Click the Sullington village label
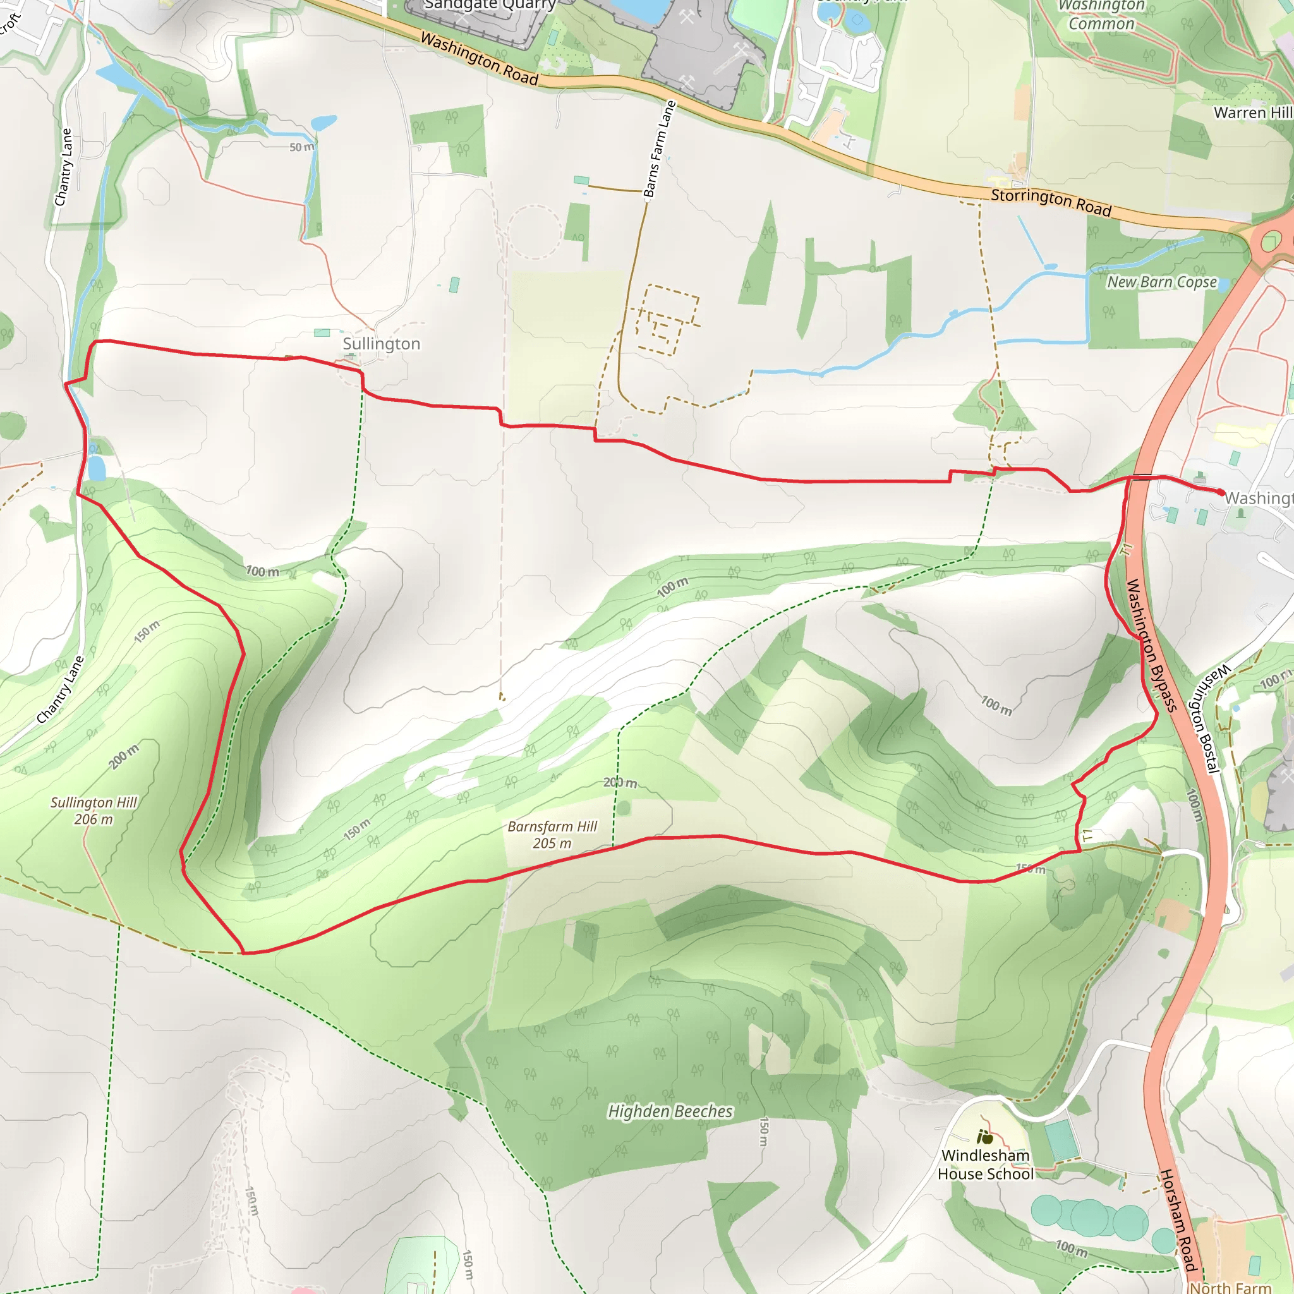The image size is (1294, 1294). pos(381,344)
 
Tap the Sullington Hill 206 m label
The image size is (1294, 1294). pos(94,811)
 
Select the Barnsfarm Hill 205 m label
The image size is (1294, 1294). pos(552,835)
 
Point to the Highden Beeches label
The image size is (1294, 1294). pos(670,1112)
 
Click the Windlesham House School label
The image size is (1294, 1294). pos(985,1164)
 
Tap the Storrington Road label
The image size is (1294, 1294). pos(1051,202)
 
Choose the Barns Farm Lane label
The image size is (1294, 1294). pos(660,148)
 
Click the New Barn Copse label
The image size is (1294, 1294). pos(1161,282)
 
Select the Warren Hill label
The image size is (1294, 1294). pos(1252,112)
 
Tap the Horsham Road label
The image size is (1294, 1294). pos(1178,1219)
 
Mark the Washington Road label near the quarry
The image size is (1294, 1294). pos(480,59)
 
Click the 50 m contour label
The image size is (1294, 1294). pos(301,147)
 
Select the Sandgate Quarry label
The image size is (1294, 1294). pos(490,5)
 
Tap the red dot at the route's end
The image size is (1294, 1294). pos(1220,492)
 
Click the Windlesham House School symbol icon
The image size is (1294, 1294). pos(984,1137)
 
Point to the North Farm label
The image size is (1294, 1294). pos(1230,1287)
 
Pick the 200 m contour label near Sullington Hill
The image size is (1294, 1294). pos(124,756)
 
